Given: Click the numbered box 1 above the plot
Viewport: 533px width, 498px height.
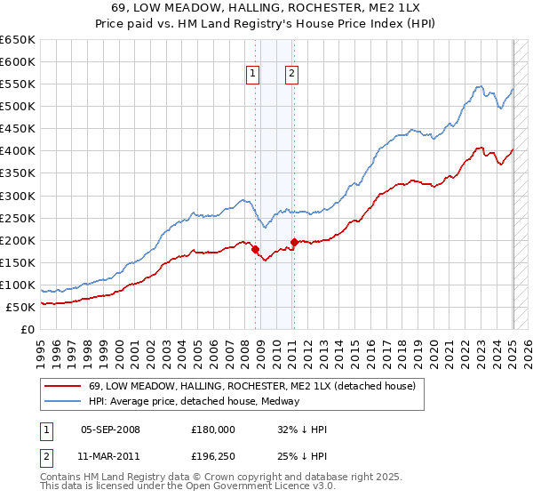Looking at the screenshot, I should pos(254,75).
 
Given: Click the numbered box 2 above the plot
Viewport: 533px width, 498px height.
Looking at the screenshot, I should pos(292,75).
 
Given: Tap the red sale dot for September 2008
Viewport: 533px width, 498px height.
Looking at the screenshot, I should pos(255,249).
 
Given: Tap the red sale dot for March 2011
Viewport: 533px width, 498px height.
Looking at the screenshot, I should pos(294,241).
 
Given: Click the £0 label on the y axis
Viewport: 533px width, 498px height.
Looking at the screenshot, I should pos(28,329).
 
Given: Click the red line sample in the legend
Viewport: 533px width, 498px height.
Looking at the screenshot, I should pos(62,387).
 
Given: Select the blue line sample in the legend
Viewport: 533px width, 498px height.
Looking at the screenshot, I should pos(62,401).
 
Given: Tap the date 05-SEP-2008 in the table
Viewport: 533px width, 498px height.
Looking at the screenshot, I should pos(110,430).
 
